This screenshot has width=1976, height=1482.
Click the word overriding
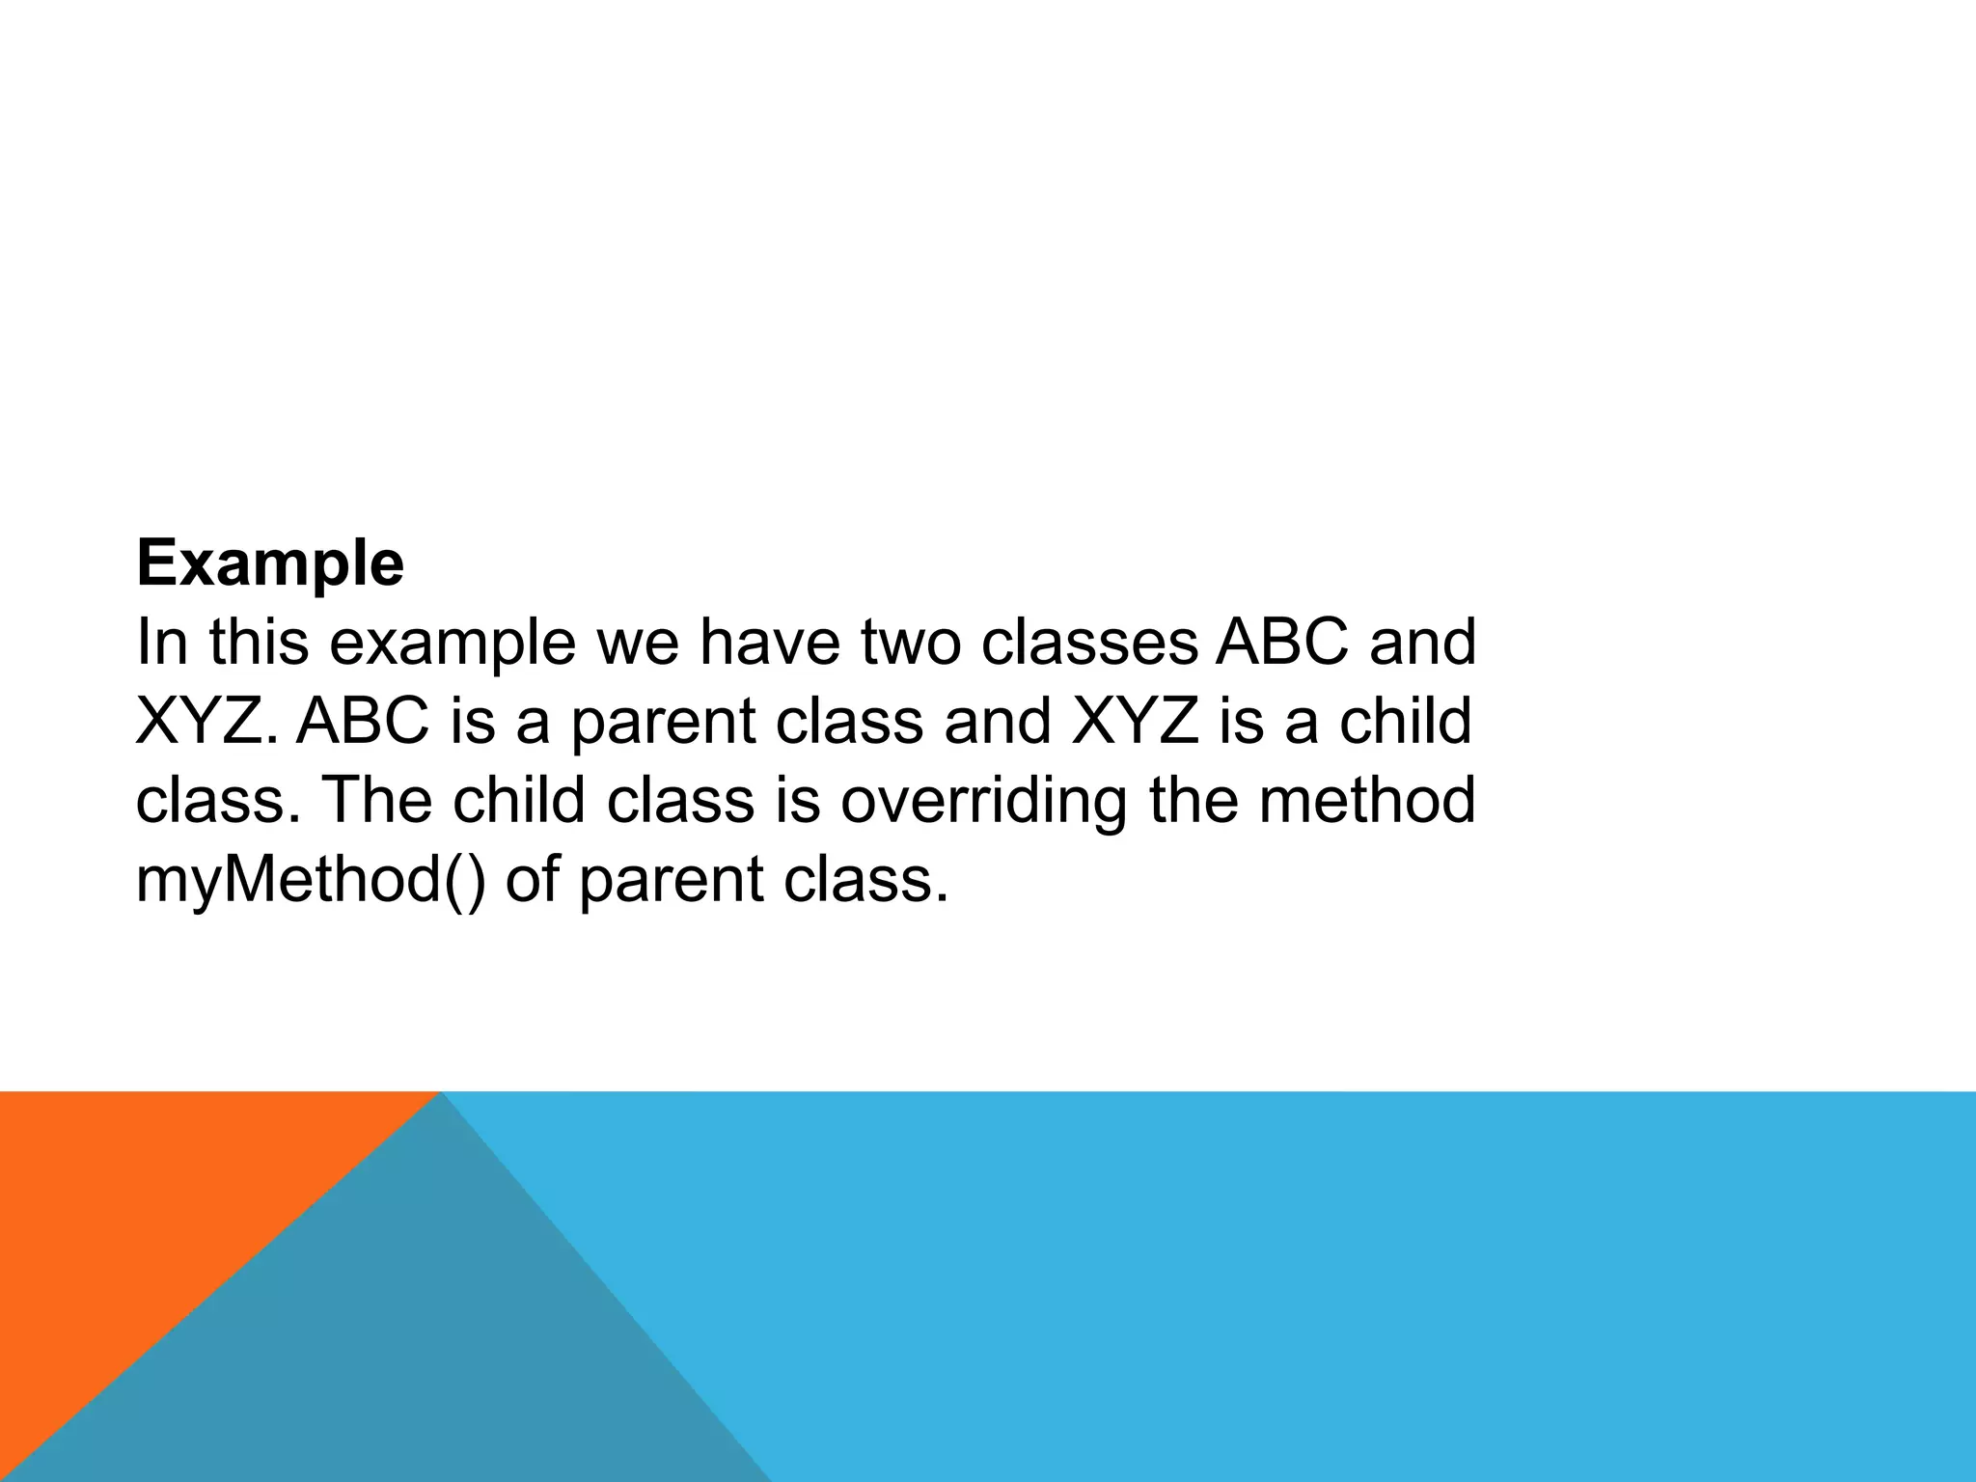tap(983, 801)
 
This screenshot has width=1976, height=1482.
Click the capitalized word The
tap(375, 801)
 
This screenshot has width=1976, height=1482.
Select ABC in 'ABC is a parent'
tap(363, 723)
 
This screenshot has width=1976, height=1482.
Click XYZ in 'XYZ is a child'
tap(1135, 723)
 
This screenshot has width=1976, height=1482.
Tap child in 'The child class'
tap(518, 801)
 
